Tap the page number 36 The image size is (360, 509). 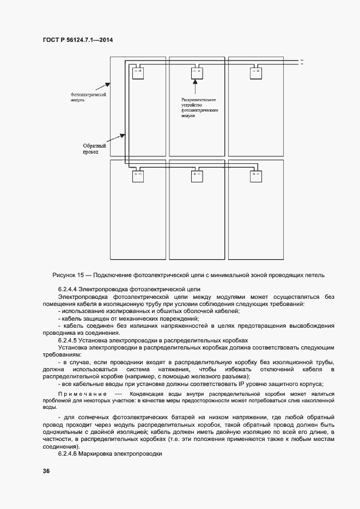46,471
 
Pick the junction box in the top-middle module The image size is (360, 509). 196,73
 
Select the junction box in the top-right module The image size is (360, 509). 255,73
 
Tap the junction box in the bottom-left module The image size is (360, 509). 137,176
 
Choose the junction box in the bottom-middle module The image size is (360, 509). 197,176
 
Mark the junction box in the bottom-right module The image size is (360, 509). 256,176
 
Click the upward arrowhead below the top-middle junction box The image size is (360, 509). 194,83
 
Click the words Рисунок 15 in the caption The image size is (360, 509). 68,275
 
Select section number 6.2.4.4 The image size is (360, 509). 68,289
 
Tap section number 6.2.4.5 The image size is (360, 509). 68,340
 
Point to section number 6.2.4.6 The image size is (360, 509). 68,453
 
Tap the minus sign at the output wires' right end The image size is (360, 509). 301,60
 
